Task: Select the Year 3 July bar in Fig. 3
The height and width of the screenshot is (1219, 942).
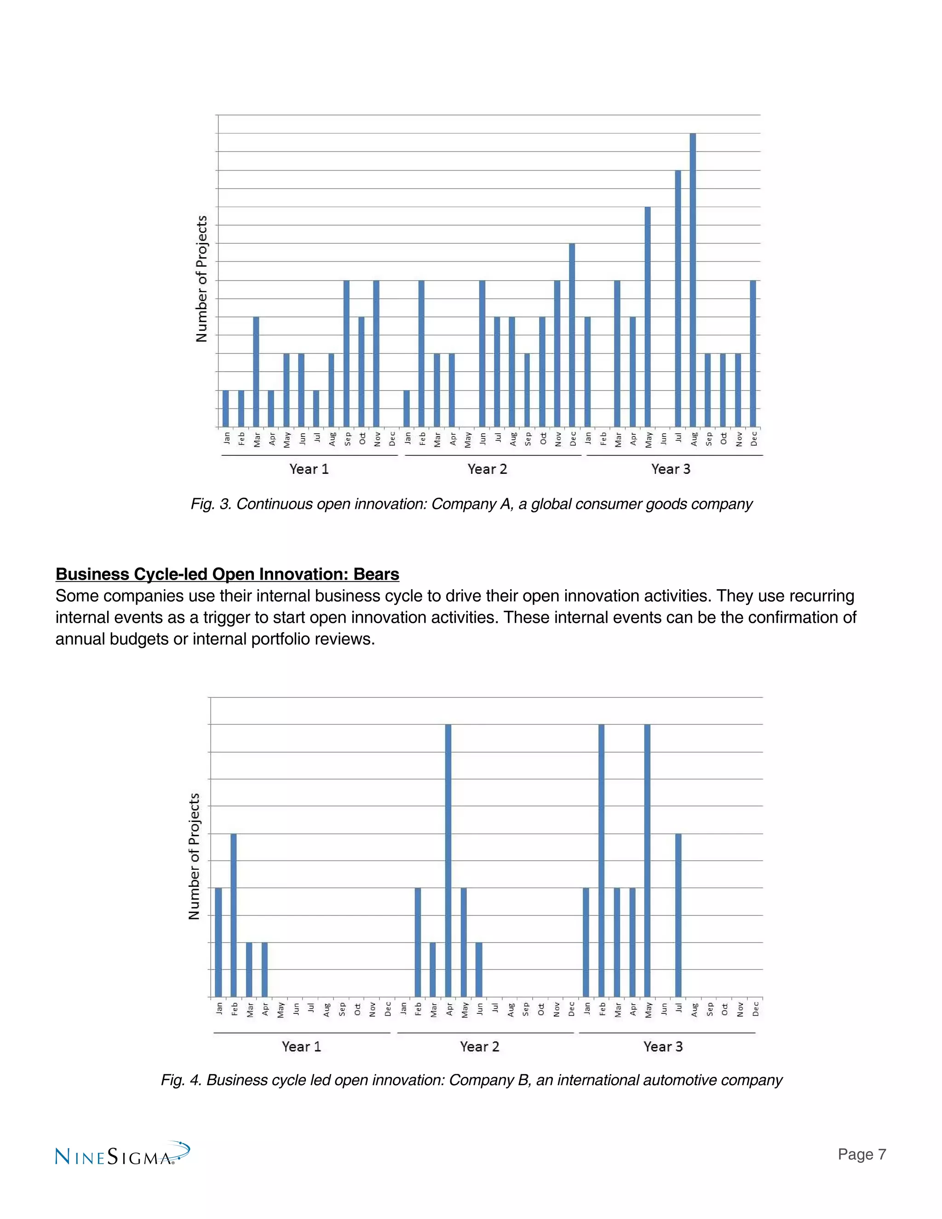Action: [x=678, y=299]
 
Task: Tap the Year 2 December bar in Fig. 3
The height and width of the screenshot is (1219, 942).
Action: [x=572, y=335]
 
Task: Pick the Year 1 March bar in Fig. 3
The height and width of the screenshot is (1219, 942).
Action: [x=256, y=372]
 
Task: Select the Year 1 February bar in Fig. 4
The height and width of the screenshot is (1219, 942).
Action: [x=233, y=915]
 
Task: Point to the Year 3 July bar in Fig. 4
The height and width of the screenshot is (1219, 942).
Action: [x=678, y=915]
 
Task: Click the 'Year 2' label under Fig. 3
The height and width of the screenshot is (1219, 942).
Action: [x=487, y=469]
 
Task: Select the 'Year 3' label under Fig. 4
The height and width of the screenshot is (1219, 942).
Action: [x=663, y=1046]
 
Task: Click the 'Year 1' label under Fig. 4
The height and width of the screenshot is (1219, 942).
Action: [x=301, y=1046]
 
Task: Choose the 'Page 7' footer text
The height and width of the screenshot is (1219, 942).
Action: [x=862, y=1154]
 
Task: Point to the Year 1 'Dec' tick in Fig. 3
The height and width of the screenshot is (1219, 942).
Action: [x=392, y=439]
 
